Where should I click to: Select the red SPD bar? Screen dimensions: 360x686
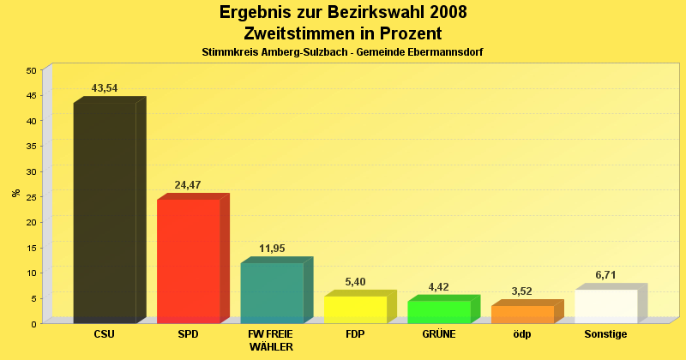click(x=189, y=261)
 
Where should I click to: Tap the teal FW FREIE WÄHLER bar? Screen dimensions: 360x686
click(x=272, y=292)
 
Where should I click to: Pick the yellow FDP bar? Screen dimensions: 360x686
click(x=355, y=309)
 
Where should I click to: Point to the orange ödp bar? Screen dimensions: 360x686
click(x=522, y=314)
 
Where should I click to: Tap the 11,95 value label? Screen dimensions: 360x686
click(x=272, y=249)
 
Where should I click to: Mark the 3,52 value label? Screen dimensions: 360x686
click(x=522, y=291)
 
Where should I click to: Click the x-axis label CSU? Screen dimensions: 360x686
click(x=105, y=333)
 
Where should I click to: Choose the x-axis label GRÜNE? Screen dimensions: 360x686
click(x=439, y=333)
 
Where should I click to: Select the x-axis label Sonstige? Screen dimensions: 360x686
click(x=606, y=333)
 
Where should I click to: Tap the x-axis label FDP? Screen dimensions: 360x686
click(x=355, y=333)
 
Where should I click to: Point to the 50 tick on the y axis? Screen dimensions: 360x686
click(x=32, y=70)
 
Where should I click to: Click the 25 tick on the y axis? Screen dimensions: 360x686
click(x=32, y=197)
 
